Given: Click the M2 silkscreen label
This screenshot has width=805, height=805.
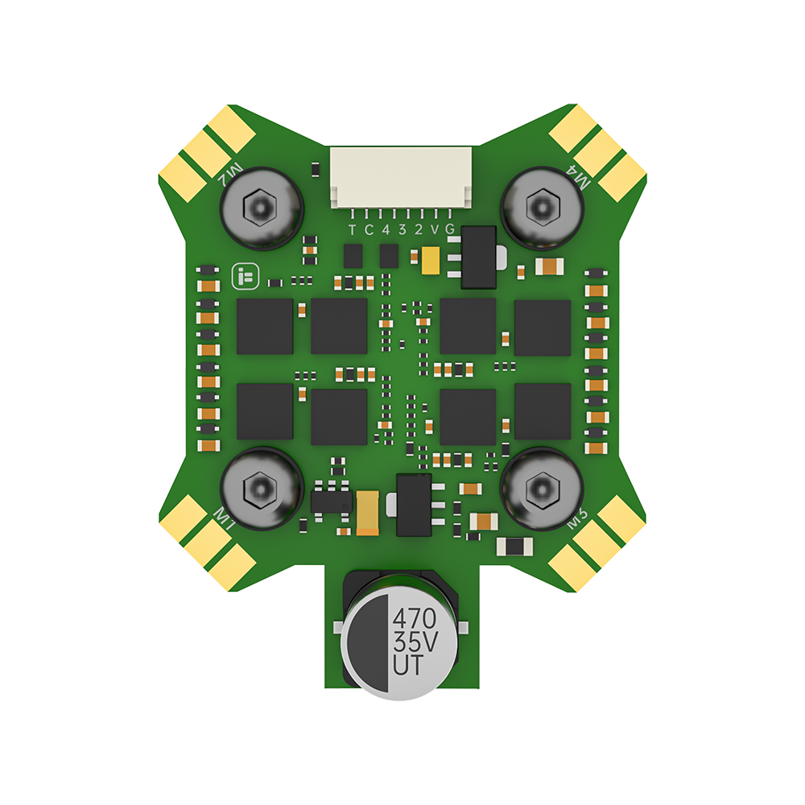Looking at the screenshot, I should [234, 170].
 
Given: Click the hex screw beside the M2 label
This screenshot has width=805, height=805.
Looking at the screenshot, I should [261, 208].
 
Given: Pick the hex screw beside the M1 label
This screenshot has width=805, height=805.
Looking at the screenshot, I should [261, 488].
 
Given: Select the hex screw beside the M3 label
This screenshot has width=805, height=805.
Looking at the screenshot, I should [542, 488].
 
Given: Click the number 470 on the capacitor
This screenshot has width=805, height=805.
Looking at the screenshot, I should [414, 619].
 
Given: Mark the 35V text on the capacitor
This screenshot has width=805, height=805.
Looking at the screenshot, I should [414, 643].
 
